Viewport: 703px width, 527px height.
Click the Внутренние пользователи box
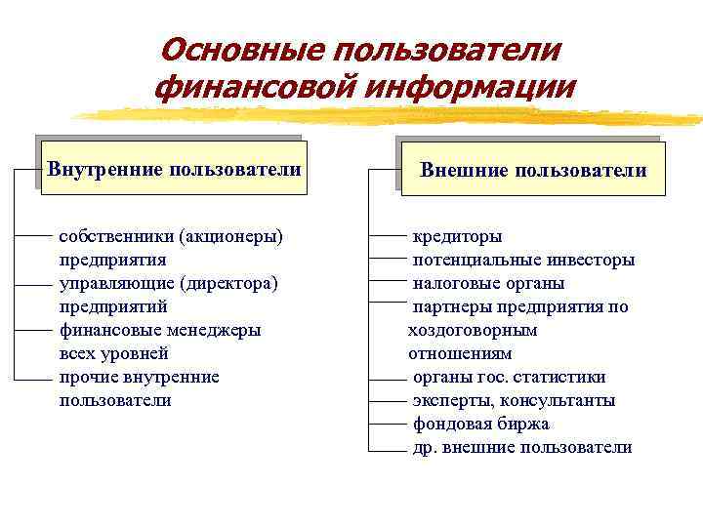click(x=175, y=170)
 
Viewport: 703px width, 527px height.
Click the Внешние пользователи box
click(x=533, y=171)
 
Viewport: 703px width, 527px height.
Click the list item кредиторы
click(x=457, y=236)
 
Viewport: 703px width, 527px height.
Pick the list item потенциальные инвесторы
click(x=523, y=260)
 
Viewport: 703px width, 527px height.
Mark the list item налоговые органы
click(x=488, y=283)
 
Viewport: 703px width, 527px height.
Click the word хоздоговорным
click(x=473, y=330)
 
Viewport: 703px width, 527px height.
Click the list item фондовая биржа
click(x=480, y=424)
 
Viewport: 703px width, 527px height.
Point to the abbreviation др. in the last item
click(x=424, y=447)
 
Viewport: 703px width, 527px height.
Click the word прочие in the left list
click(x=85, y=377)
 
